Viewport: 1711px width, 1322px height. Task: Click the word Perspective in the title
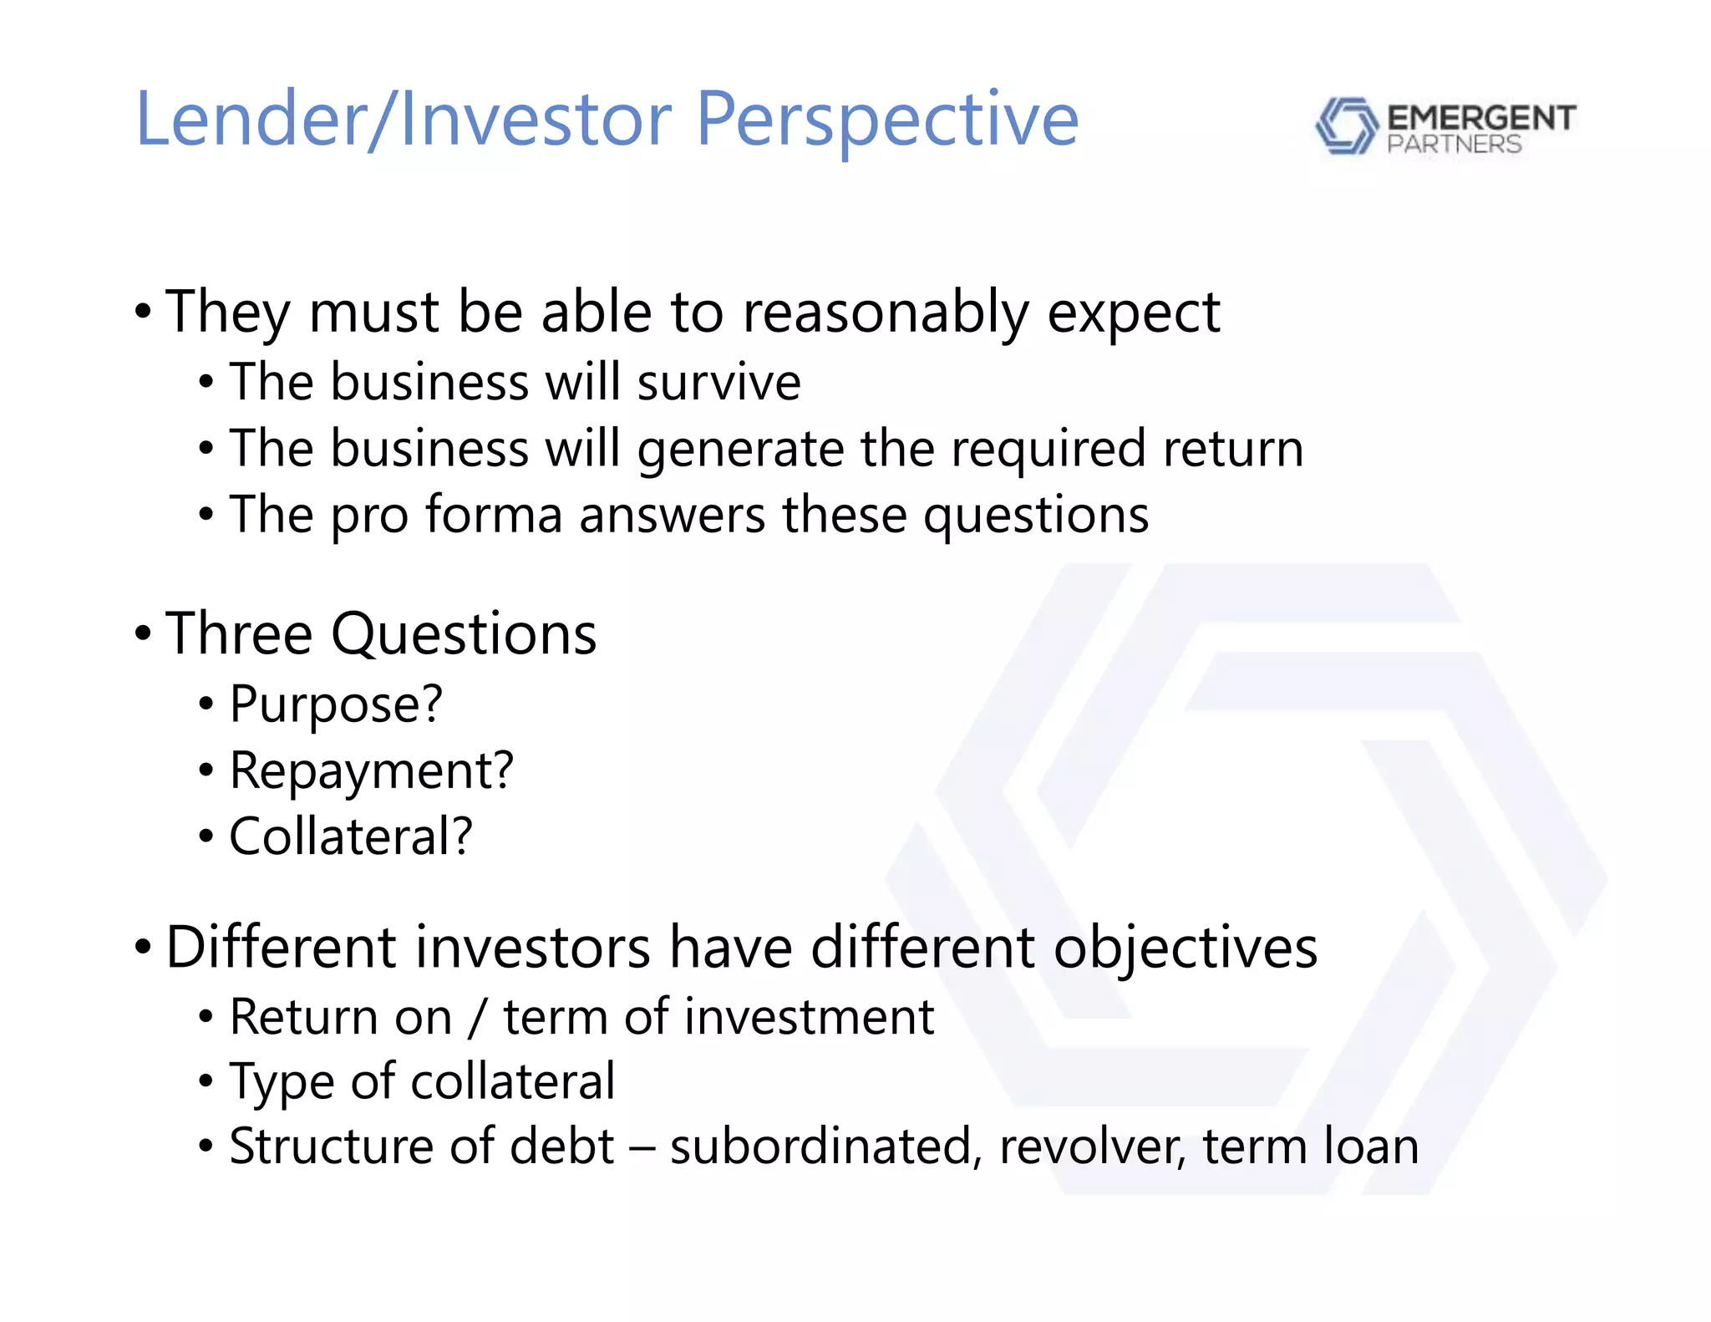coord(886,121)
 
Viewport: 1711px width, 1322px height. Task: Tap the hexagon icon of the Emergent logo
coord(1345,126)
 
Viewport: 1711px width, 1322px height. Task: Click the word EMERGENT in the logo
coord(1480,118)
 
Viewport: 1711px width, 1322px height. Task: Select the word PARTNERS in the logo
coord(1454,145)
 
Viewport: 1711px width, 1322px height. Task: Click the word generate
coord(740,450)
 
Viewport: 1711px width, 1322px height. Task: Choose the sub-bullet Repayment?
coord(371,770)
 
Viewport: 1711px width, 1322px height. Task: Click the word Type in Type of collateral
coord(282,1082)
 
